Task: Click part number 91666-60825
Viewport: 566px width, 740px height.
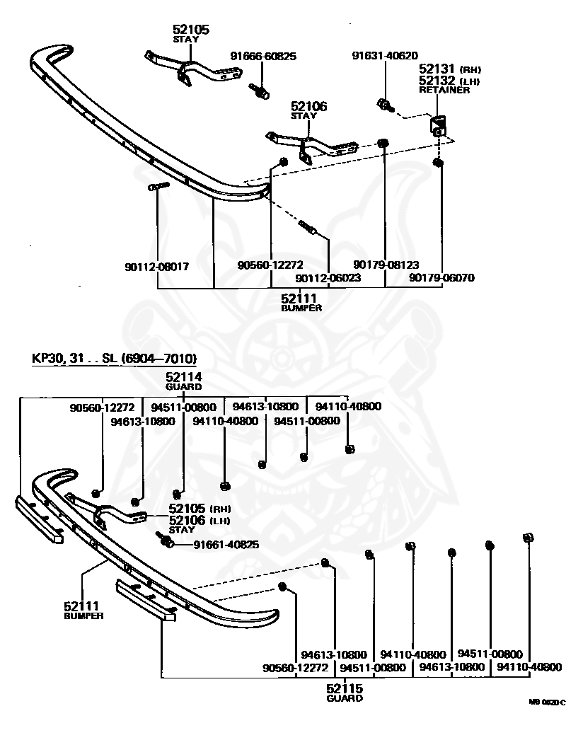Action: [x=263, y=57]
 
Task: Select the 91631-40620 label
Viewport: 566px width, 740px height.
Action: [x=385, y=56]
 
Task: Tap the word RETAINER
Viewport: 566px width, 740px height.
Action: [x=444, y=90]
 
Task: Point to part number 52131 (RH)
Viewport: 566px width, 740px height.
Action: [x=450, y=69]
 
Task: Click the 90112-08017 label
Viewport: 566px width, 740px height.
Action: [x=157, y=267]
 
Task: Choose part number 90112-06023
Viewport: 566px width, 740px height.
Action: [x=328, y=278]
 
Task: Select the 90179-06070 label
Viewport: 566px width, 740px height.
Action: [x=441, y=277]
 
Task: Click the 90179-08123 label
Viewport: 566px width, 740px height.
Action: [x=386, y=265]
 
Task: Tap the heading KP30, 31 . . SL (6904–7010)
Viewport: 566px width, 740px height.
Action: [x=114, y=359]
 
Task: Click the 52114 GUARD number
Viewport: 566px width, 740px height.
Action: [x=184, y=376]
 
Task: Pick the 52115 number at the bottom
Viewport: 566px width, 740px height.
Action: [x=345, y=688]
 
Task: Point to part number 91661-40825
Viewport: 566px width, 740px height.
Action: [x=226, y=545]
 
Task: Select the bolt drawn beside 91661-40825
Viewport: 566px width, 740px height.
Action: [x=164, y=540]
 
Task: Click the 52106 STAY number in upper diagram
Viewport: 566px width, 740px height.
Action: [x=308, y=106]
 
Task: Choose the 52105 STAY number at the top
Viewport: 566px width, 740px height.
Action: [x=191, y=30]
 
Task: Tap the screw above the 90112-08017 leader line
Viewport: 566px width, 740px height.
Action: [x=159, y=187]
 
